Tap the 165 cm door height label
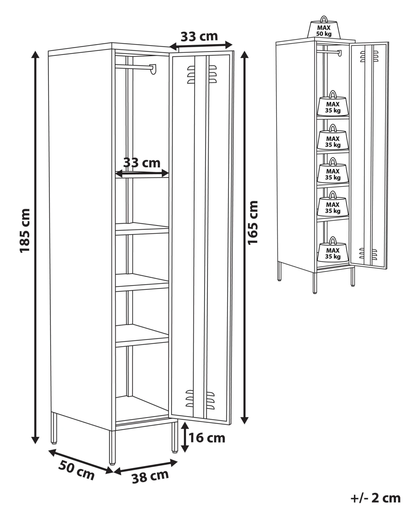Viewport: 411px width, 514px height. [x=253, y=222]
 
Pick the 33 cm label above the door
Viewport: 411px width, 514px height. [x=199, y=36]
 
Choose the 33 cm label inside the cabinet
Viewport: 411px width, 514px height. [x=142, y=163]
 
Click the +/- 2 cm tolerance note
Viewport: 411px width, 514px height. [x=375, y=498]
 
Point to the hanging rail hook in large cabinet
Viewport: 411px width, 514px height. [x=153, y=69]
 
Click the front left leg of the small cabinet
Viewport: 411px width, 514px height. [x=315, y=282]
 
